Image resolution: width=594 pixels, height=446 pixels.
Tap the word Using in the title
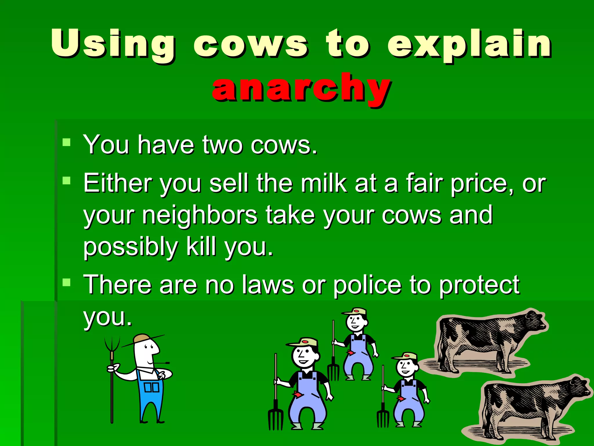[x=113, y=44]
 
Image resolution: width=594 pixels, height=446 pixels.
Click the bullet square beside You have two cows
[x=67, y=142]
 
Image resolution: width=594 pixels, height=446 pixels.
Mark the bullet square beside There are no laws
[x=67, y=282]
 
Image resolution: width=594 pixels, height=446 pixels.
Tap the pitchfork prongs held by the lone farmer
[x=112, y=344]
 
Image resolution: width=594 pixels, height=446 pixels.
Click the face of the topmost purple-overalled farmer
[x=356, y=322]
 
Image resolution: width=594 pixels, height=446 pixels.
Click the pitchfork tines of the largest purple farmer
[x=275, y=418]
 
